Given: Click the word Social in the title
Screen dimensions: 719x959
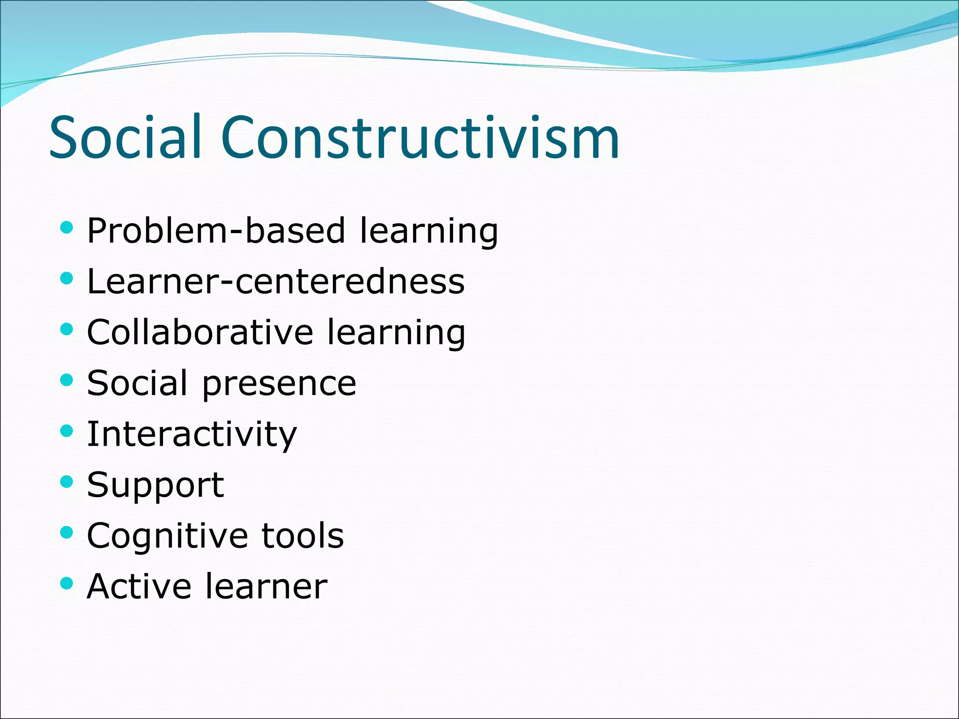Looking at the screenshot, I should pyautogui.click(x=125, y=137).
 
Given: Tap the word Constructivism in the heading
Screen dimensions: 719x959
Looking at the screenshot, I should pyautogui.click(x=420, y=137).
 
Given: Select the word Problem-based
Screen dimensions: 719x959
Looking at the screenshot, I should pyautogui.click(x=216, y=230).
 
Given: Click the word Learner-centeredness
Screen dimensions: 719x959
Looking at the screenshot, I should pyautogui.click(x=276, y=281).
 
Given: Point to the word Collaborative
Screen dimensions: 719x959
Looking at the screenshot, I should pyautogui.click(x=200, y=332).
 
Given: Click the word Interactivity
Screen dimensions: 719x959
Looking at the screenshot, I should pyautogui.click(x=192, y=434).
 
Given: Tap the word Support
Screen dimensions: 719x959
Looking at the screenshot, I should pyautogui.click(x=155, y=485).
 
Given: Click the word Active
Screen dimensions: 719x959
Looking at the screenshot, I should pyautogui.click(x=139, y=586).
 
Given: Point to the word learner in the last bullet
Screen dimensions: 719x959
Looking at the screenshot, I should pyautogui.click(x=266, y=586).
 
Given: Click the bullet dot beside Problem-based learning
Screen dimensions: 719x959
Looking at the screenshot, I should pyautogui.click(x=67, y=228).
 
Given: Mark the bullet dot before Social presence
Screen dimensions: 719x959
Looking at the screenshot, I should pyautogui.click(x=67, y=380).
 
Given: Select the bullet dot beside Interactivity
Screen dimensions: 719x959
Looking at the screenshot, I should pyautogui.click(x=67, y=431).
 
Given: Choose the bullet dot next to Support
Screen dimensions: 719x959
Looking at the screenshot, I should pyautogui.click(x=67, y=482).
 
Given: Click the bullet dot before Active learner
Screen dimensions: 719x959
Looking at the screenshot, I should pyautogui.click(x=67, y=583).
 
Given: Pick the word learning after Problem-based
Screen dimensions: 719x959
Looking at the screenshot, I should pyautogui.click(x=428, y=231).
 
